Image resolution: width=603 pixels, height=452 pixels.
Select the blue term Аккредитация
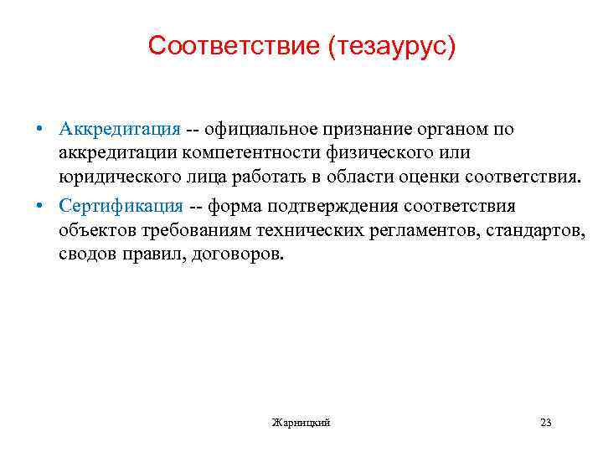tap(120, 129)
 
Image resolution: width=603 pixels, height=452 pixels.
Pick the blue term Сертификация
tap(121, 206)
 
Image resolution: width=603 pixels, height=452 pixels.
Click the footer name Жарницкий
tap(301, 423)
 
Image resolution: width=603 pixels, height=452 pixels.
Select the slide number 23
tap(546, 423)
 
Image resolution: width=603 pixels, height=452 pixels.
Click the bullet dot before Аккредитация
tap(39, 130)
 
